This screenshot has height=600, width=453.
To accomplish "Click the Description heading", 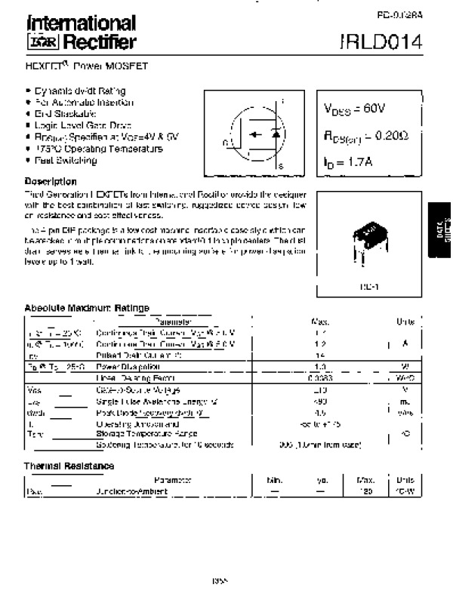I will point(51,182).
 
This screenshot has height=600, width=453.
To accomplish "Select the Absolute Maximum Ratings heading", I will point(87,308).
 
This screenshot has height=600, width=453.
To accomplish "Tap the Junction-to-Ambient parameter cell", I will point(131,491).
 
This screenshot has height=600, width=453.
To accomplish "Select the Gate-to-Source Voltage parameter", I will point(137,390).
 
